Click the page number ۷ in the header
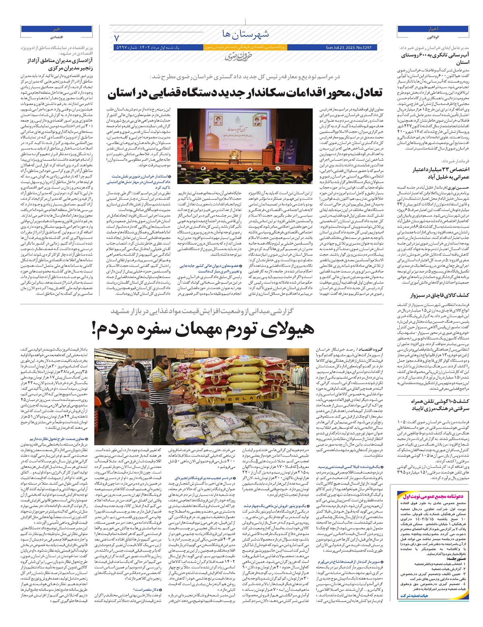point(117,38)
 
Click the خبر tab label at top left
point(56,29)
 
